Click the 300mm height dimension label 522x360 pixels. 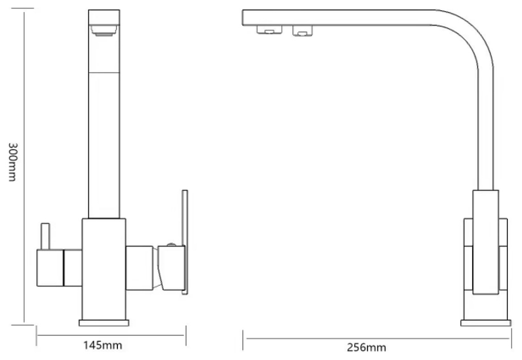[x=12, y=162]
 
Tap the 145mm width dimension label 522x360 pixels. [x=103, y=345]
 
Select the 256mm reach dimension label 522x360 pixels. [x=367, y=348]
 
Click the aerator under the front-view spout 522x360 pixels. [x=104, y=31]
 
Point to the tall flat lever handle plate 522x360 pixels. [x=185, y=242]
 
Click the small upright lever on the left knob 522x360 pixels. [x=45, y=236]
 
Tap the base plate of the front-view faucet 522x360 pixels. [x=104, y=323]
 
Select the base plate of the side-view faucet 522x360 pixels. [x=486, y=323]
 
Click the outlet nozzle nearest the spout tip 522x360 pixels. [x=270, y=29]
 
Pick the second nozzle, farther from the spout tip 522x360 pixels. [x=302, y=31]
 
